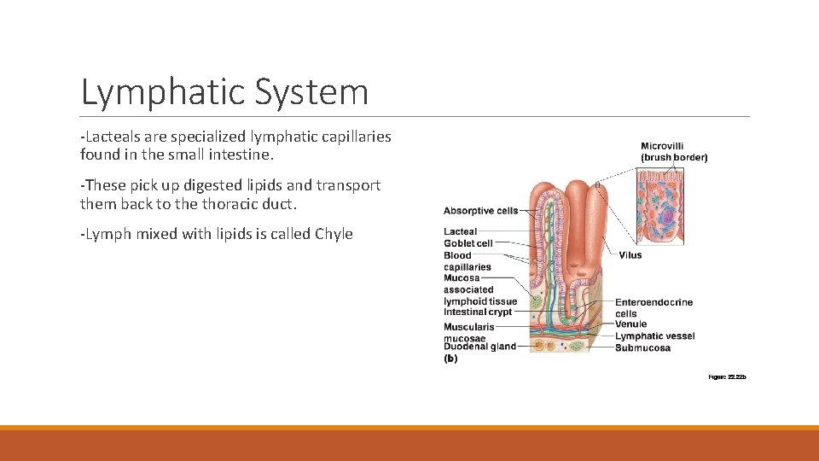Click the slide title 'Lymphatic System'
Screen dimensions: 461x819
[224, 92]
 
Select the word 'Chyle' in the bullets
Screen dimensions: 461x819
[334, 234]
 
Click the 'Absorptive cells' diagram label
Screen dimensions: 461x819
[480, 211]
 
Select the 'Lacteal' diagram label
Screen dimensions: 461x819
[460, 231]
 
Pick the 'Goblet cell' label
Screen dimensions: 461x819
[468, 243]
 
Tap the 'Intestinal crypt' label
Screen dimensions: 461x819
[478, 312]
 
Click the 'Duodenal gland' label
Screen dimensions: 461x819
[479, 347]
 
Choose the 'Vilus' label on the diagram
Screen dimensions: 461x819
[630, 254]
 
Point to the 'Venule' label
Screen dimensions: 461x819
[630, 324]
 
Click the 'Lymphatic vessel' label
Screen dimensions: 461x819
[655, 336]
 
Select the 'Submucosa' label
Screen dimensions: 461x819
[642, 347]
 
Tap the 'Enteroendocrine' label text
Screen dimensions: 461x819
[654, 302]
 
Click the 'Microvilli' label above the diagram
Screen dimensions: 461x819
[662, 146]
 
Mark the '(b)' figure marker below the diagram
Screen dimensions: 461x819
[450, 359]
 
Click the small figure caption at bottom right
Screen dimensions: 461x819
[727, 376]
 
